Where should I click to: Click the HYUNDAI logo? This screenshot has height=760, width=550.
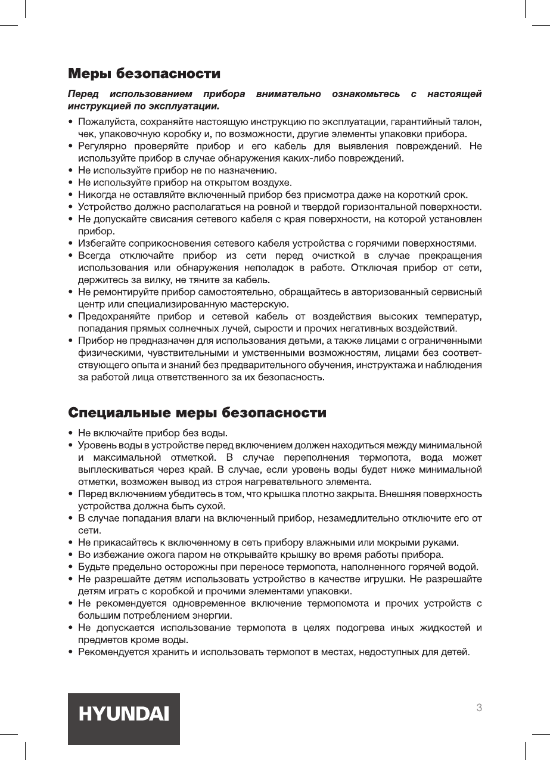point(123,713)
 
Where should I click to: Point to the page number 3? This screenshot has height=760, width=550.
point(479,708)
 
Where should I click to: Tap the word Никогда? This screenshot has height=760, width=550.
point(96,195)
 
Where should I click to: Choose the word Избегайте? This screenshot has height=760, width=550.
point(100,243)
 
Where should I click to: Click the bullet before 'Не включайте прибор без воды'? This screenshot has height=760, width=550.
point(71,433)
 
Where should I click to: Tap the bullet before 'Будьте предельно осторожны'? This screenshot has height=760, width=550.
point(71,566)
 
